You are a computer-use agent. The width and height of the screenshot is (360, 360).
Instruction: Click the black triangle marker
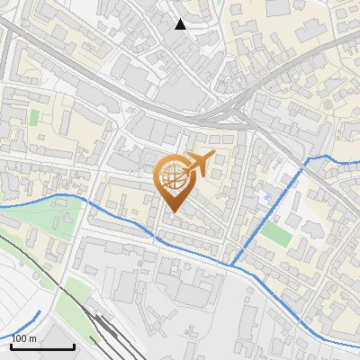[181, 24]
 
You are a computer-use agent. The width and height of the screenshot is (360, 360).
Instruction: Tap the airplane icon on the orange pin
[197, 164]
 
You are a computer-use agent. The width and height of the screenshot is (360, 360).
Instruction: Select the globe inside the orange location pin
[173, 177]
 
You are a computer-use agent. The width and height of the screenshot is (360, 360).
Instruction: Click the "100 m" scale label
[24, 338]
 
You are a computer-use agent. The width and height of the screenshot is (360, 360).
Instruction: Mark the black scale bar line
[42, 346]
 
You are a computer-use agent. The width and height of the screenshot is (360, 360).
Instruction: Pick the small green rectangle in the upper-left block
[34, 117]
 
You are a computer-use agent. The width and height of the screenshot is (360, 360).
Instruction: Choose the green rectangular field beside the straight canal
[275, 232]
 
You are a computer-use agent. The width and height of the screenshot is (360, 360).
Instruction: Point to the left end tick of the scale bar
[12, 346]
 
